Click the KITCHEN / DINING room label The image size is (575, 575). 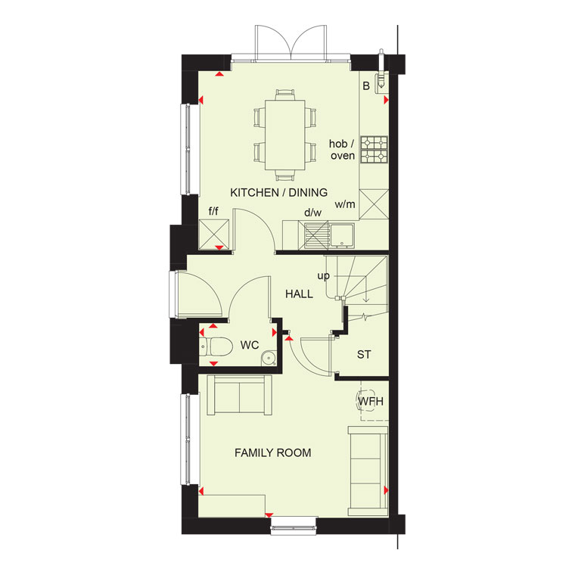click(278, 192)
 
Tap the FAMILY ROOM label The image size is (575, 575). click(273, 453)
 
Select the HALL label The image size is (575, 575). click(300, 294)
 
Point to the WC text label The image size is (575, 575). click(250, 345)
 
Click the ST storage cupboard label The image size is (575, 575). click(364, 355)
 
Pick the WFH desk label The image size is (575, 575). click(371, 401)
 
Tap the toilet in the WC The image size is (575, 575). click(216, 347)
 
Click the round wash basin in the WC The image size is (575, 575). click(269, 359)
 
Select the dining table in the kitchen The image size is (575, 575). click(285, 135)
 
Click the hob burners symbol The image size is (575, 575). click(374, 150)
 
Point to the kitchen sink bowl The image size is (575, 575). click(342, 235)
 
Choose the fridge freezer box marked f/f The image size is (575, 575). click(214, 235)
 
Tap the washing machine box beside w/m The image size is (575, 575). click(374, 204)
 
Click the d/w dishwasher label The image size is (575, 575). click(312, 213)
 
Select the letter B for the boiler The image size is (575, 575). click(366, 85)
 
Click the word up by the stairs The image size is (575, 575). click(324, 275)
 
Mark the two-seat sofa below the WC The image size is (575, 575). click(240, 395)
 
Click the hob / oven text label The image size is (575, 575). click(343, 150)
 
